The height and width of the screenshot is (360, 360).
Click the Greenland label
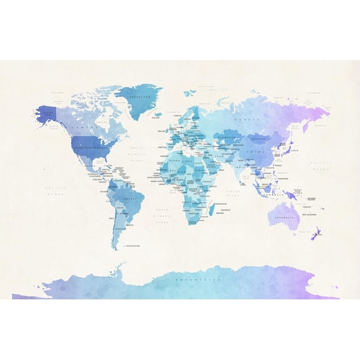point(143,97)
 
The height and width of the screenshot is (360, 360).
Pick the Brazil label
point(131,198)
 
